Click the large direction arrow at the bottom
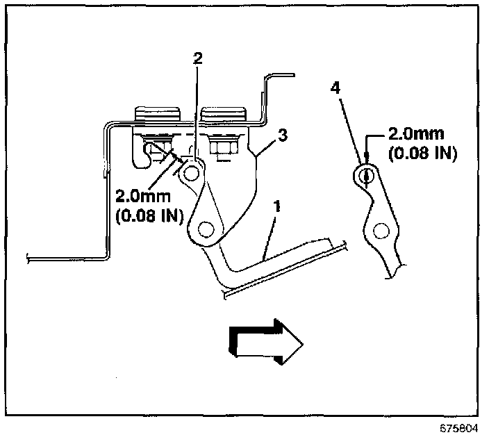pyautogui.click(x=265, y=340)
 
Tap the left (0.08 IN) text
pyautogui.click(x=148, y=216)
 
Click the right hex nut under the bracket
pyautogui.click(x=224, y=147)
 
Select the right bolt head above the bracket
pyautogui.click(x=223, y=114)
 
